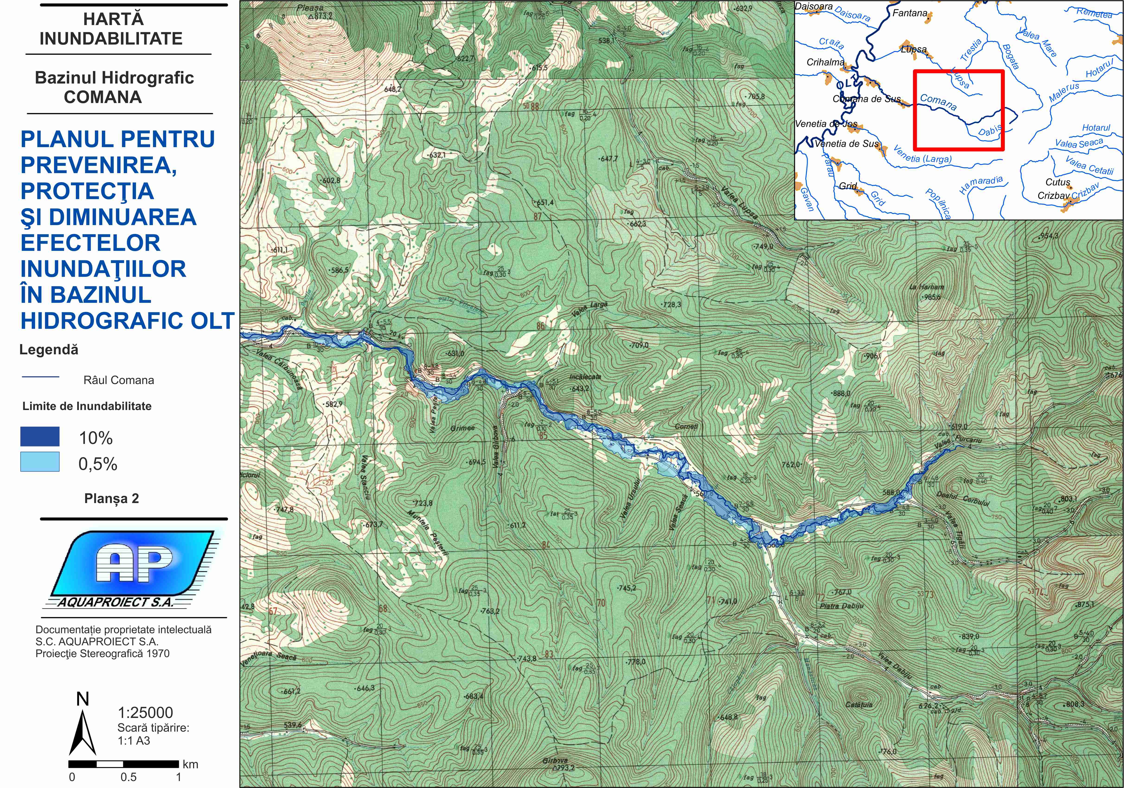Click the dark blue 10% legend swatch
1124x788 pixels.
(40, 436)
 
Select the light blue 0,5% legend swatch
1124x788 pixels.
(40, 462)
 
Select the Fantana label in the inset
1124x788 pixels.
(909, 13)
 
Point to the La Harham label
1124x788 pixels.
(926, 287)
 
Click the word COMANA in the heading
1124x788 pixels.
(103, 97)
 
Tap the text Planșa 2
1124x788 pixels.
(112, 499)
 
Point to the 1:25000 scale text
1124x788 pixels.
(145, 713)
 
